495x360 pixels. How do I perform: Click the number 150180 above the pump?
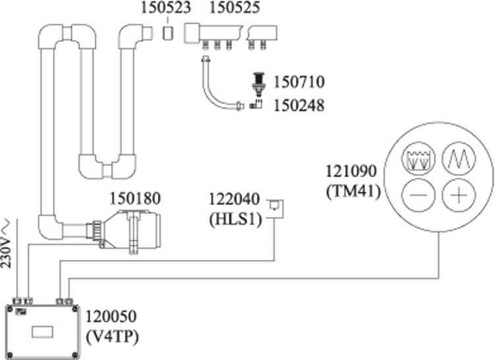[x=136, y=198]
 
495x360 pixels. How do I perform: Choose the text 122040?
[x=235, y=199]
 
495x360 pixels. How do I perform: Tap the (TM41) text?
[x=351, y=191]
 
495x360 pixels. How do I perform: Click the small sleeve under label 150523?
[x=168, y=32]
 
